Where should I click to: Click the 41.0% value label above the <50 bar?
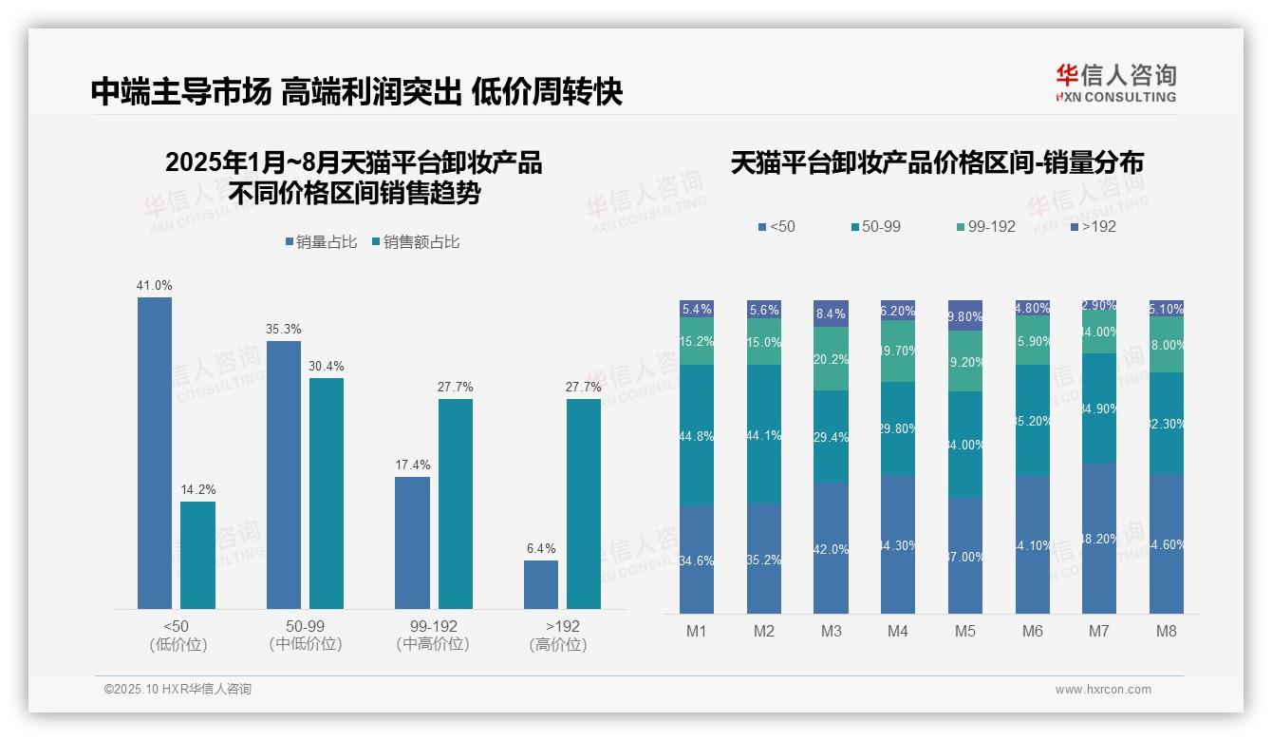155,285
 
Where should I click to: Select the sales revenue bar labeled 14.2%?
197,555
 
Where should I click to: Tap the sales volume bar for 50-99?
284,474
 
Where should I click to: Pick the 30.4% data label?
327,366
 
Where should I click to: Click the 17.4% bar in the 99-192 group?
412,542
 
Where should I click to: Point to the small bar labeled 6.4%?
541,584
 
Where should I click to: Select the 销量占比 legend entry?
321,242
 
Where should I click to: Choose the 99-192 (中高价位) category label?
433,635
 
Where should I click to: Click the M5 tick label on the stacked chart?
965,631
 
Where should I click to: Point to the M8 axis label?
1167,631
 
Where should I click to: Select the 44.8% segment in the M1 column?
697,435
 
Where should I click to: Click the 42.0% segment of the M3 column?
831,547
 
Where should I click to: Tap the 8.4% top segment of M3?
831,313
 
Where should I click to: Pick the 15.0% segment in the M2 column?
764,342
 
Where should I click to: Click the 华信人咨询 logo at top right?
1115,83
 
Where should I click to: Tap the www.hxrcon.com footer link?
1103,690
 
